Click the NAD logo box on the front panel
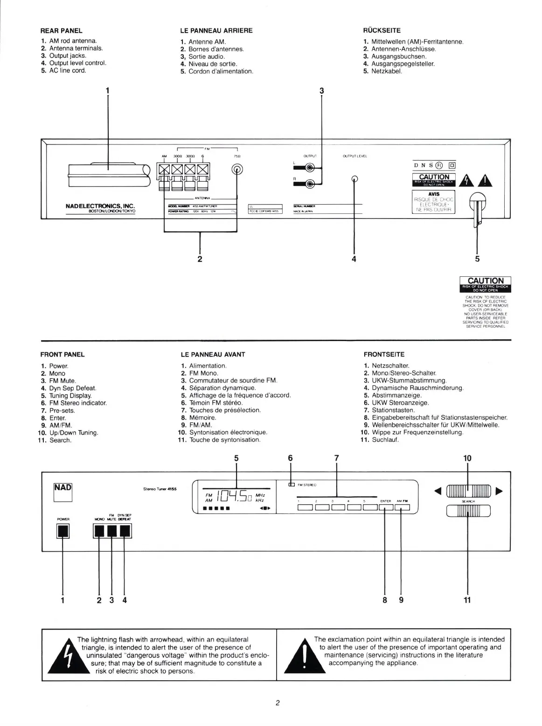coord(63,492)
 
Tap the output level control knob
coord(354,178)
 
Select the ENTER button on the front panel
coord(386,508)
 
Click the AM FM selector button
coord(402,508)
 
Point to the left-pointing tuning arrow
coord(437,491)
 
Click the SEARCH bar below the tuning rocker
coord(468,511)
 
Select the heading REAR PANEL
coord(62,31)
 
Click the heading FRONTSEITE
coord(384,355)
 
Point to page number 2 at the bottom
coord(277,704)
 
